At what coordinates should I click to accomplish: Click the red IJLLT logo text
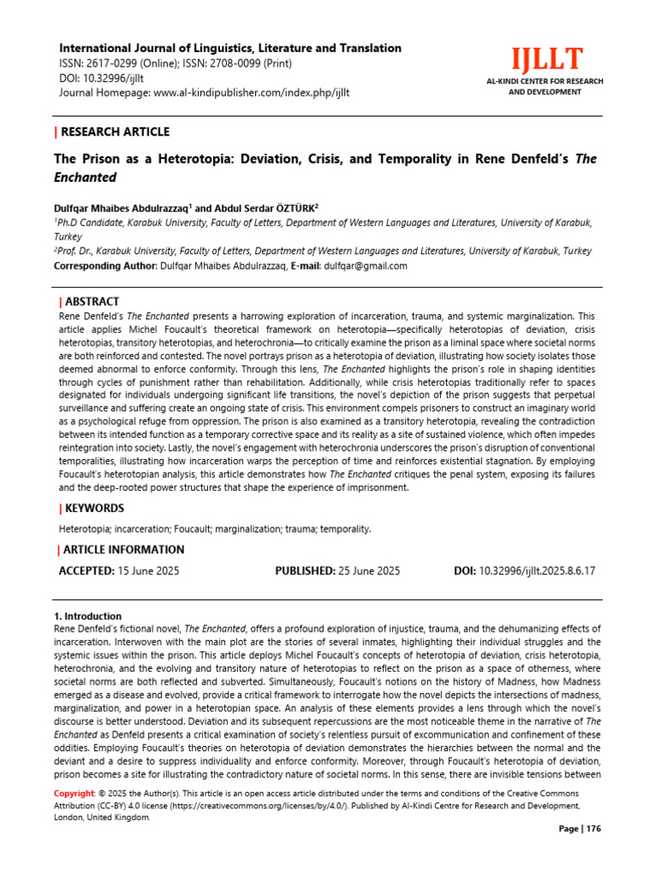point(547,60)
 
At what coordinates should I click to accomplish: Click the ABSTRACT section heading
point(91,301)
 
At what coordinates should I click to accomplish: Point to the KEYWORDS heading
point(94,508)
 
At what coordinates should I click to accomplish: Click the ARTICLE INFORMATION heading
point(123,550)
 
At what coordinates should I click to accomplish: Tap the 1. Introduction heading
point(88,616)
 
